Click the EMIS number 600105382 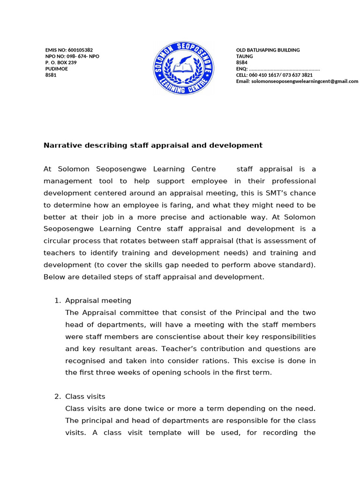pyautogui.click(x=80, y=50)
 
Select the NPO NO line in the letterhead pyautogui.click(x=72, y=56)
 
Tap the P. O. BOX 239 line pyautogui.click(x=60, y=62)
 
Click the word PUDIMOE pyautogui.click(x=56, y=68)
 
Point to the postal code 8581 pyautogui.click(x=51, y=75)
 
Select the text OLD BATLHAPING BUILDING pyautogui.click(x=268, y=50)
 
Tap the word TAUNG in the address pyautogui.click(x=244, y=56)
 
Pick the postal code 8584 pyautogui.click(x=242, y=62)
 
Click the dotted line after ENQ pyautogui.click(x=284, y=69)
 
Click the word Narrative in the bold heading pyautogui.click(x=62, y=145)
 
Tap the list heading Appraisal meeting pyautogui.click(x=98, y=300)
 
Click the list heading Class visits pyautogui.click(x=85, y=397)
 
